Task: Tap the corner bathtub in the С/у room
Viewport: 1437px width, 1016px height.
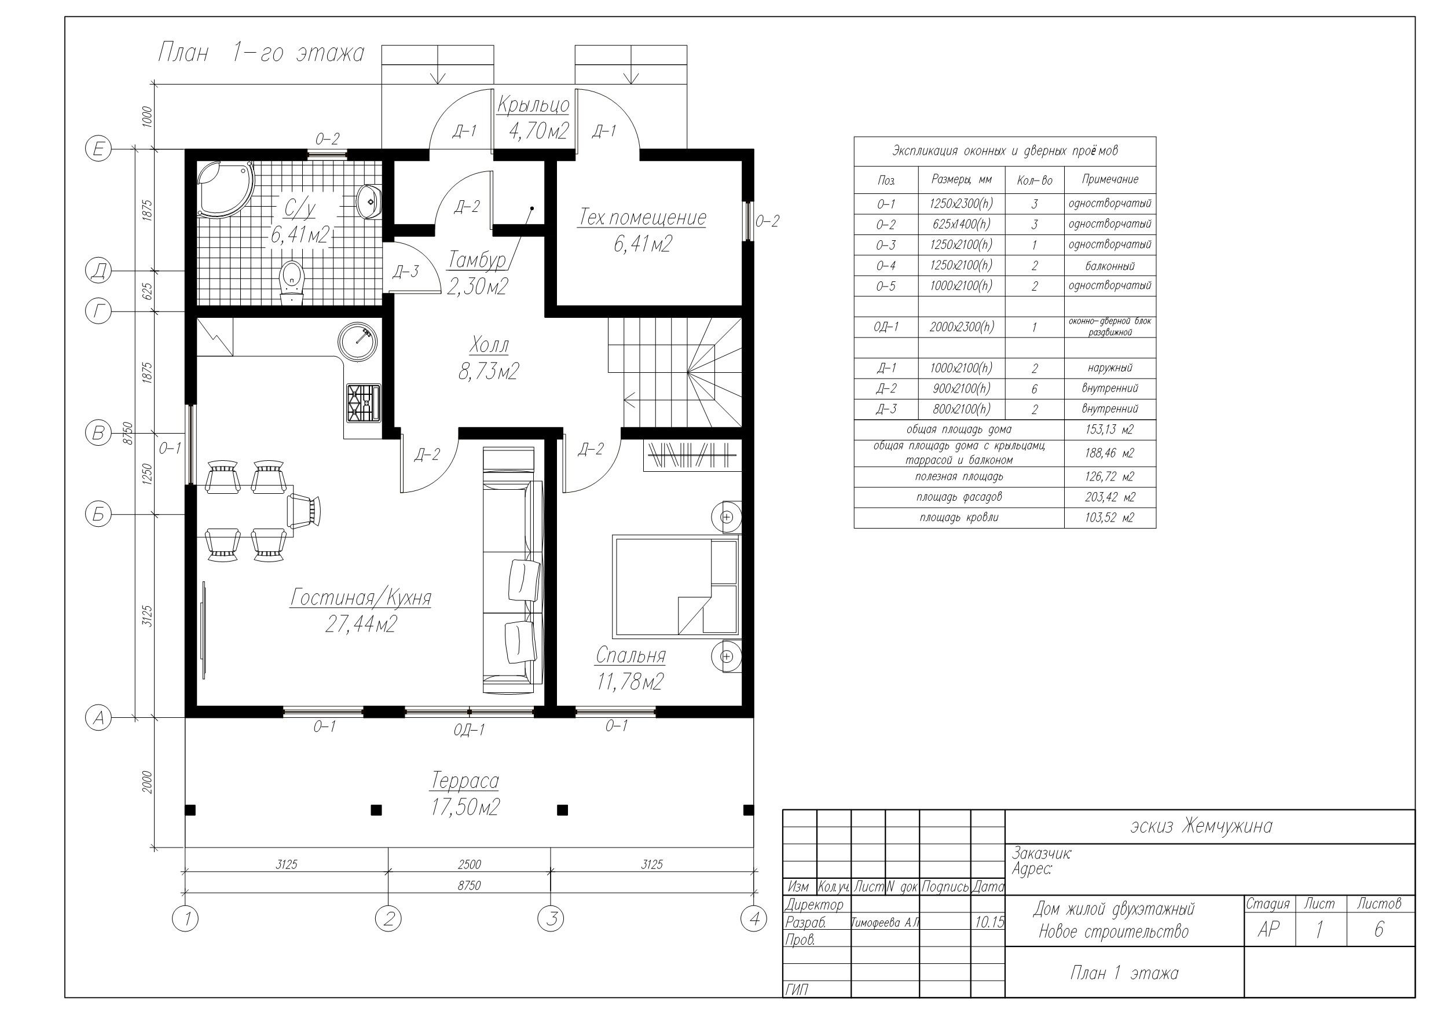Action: (226, 189)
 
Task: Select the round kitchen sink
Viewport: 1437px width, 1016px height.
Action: (357, 342)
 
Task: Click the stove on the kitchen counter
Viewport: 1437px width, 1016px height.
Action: (364, 402)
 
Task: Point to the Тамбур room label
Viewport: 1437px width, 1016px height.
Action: (477, 260)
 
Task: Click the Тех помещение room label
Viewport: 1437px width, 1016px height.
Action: (641, 217)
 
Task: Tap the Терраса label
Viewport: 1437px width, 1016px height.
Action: (465, 782)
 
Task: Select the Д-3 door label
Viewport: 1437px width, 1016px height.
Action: (405, 272)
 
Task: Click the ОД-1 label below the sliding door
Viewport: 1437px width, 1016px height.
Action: (470, 730)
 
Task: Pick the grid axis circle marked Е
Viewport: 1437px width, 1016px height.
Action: (98, 149)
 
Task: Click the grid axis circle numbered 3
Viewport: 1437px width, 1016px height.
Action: (551, 918)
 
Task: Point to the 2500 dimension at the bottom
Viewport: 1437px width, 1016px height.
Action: (470, 864)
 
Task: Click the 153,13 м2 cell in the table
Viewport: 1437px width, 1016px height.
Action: (1109, 430)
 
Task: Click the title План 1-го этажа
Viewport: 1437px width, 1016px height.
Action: (261, 53)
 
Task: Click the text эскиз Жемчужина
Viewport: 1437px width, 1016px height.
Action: (1201, 826)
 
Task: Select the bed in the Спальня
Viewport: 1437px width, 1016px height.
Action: (676, 586)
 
